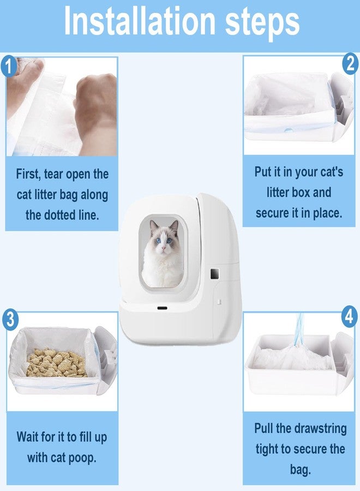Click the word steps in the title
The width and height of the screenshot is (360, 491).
262,23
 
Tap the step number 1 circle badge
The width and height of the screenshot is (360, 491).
9,66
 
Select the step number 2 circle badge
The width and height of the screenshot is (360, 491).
351,64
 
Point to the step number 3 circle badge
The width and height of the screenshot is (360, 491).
10,320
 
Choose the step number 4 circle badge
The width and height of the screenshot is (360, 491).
349,316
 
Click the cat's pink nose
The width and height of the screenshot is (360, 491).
163,248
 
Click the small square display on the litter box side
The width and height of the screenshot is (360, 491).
214,274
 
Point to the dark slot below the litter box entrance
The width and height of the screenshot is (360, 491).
162,308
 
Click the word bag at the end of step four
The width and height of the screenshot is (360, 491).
300,469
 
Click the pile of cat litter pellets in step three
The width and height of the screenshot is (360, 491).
56,363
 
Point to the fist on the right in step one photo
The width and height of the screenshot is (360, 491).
95,113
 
